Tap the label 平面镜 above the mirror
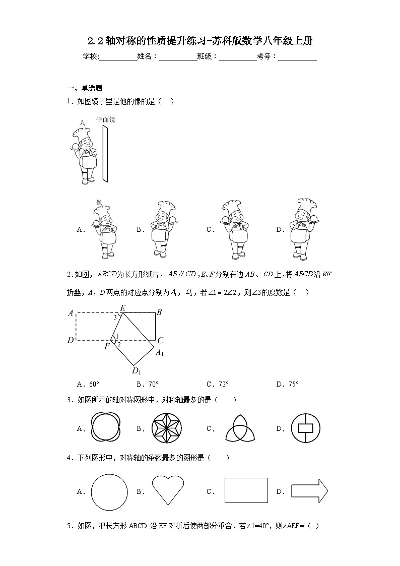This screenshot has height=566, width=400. click(x=106, y=120)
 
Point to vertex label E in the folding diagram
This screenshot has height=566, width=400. click(x=122, y=307)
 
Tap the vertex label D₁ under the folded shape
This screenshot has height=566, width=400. click(x=136, y=371)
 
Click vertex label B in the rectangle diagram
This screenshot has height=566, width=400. click(x=159, y=312)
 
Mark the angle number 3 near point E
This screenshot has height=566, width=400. click(x=115, y=318)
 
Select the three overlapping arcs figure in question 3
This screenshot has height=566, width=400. click(x=235, y=428)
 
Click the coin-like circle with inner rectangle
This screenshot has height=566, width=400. click(x=306, y=429)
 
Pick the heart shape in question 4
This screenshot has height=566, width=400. click(x=168, y=489)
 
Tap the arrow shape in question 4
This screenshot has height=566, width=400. click(x=309, y=490)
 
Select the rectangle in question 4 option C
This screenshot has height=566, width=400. click(x=246, y=490)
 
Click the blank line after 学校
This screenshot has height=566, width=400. click(x=118, y=57)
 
